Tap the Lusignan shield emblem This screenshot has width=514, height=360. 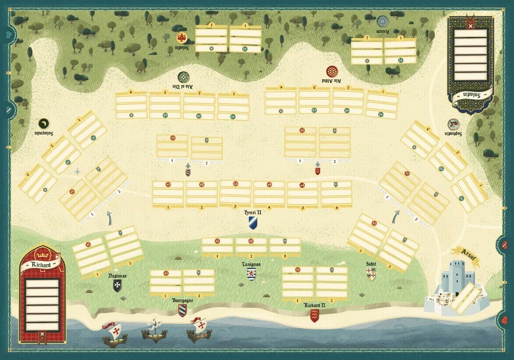tap(251, 274)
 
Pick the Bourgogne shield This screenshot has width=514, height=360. tap(182, 310)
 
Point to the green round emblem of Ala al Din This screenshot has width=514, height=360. tap(183, 76)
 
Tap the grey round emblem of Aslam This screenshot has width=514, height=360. tap(383, 21)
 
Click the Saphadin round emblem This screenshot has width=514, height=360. tap(453, 124)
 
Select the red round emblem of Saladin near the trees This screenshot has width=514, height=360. tap(181, 38)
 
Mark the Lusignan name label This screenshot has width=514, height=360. tap(251, 264)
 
